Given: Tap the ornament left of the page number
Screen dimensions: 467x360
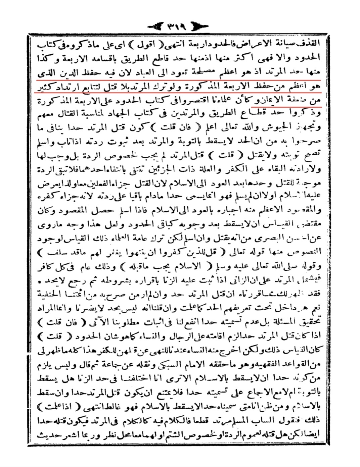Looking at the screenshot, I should coord(156,26).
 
